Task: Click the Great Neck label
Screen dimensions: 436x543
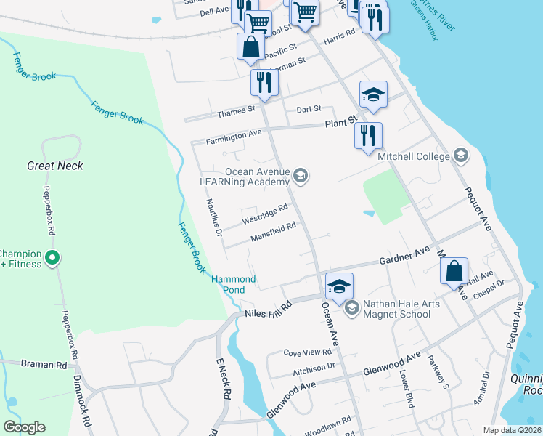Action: (x=55, y=166)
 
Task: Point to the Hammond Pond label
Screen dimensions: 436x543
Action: (x=233, y=284)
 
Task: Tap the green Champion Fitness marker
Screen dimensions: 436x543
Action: (x=52, y=257)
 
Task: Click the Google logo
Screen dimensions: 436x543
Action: (x=24, y=427)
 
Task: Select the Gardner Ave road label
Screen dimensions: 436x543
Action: (x=404, y=256)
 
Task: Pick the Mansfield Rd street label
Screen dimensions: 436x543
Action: (x=272, y=231)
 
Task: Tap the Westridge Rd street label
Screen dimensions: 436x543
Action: (x=264, y=213)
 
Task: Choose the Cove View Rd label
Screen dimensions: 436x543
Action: (x=307, y=352)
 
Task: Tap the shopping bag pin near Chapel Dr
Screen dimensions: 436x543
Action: (x=454, y=272)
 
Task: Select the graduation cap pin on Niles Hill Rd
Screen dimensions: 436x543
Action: (x=339, y=286)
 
